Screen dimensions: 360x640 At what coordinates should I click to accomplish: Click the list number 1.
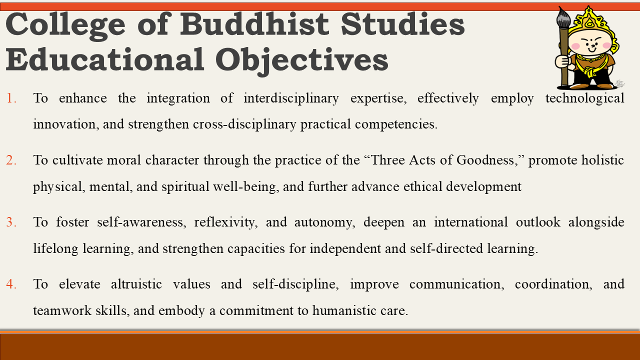coord(11,98)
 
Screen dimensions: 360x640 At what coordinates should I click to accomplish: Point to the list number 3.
coord(11,222)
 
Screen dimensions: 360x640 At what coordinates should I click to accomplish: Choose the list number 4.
coord(11,284)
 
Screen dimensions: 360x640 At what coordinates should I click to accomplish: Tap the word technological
coord(584,98)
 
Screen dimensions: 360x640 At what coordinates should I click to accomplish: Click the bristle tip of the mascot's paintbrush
coord(564,16)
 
